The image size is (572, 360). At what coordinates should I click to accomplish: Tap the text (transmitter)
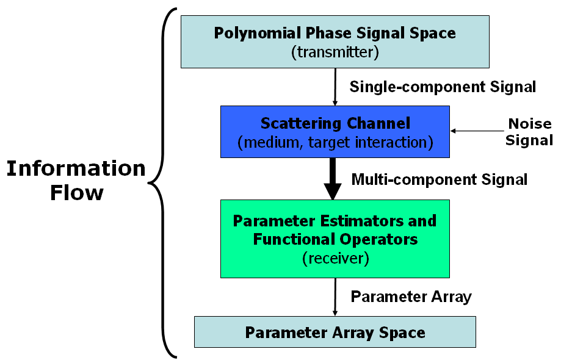(335, 52)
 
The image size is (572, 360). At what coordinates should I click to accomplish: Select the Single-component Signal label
(443, 87)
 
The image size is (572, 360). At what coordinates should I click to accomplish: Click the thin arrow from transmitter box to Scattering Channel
(335, 87)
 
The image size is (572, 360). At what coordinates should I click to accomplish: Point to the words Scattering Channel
(335, 123)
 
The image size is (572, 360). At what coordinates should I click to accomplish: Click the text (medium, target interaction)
(335, 142)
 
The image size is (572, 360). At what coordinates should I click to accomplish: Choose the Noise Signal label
(529, 132)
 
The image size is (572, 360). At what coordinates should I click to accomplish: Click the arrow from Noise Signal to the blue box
(477, 131)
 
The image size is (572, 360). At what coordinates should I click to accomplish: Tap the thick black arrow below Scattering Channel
(333, 179)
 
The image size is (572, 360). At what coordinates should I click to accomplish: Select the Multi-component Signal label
(439, 179)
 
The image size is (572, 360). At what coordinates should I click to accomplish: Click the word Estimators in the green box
(362, 221)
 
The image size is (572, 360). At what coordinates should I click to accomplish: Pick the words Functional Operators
(335, 239)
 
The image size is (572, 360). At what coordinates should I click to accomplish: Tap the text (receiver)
(336, 258)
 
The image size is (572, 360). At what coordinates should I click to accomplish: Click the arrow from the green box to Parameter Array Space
(335, 297)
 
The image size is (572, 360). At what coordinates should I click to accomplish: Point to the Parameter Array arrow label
(411, 297)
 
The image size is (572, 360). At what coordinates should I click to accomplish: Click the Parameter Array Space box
(335, 332)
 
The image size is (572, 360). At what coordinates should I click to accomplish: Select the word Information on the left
(76, 168)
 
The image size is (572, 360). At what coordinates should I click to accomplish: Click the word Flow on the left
(76, 193)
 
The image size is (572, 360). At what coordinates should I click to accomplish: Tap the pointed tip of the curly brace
(148, 182)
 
